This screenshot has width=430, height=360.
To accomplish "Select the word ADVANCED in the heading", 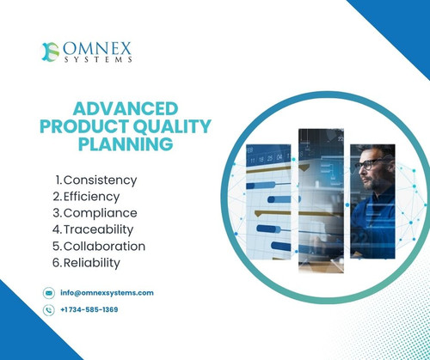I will [x=125, y=109].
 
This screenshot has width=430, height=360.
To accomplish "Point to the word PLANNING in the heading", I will [x=125, y=145].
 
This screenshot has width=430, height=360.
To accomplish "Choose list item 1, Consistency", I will [x=95, y=180].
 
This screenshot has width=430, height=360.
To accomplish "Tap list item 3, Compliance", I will [x=95, y=213].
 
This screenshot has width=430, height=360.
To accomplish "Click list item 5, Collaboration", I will [x=99, y=246].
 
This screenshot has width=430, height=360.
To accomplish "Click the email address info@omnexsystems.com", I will [x=107, y=292].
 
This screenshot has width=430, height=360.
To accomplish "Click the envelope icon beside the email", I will [x=48, y=292].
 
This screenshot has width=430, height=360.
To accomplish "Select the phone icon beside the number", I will [x=48, y=309].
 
